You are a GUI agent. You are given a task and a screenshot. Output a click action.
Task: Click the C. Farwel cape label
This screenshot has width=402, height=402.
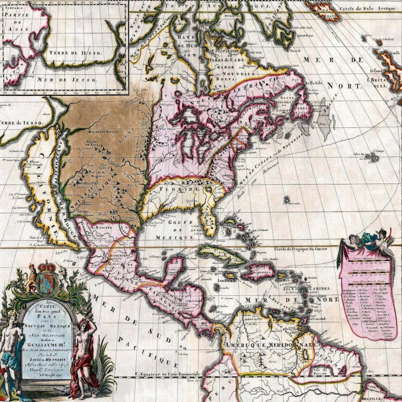[x=287, y=51]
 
